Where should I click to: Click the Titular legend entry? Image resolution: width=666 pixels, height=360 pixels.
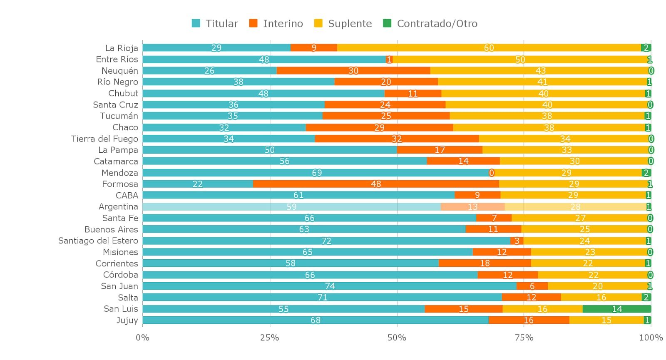click(x=215, y=24)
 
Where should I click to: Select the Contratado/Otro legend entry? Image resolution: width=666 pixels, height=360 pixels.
click(x=430, y=24)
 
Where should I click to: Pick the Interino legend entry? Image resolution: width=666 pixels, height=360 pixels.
click(x=276, y=24)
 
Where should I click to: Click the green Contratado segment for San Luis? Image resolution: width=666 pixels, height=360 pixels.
click(x=616, y=309)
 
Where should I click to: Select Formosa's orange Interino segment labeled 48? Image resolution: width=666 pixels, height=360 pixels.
click(x=375, y=184)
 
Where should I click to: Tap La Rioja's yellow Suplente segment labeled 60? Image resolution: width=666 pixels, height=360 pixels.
click(x=489, y=48)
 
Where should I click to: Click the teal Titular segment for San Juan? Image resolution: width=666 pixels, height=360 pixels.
click(x=329, y=286)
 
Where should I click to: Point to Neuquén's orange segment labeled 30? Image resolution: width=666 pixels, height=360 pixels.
click(x=353, y=71)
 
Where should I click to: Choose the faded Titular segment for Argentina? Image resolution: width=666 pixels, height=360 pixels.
click(x=291, y=207)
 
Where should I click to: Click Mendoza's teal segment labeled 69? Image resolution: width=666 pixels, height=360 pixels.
click(x=316, y=173)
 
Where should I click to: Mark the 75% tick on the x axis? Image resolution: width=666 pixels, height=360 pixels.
click(x=524, y=338)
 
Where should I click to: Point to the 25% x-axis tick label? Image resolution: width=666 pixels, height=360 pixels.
click(x=269, y=338)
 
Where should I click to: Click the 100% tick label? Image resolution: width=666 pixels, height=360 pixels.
click(x=651, y=338)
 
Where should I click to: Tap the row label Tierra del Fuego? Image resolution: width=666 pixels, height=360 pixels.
click(x=104, y=139)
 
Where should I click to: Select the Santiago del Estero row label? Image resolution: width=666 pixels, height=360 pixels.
click(x=98, y=241)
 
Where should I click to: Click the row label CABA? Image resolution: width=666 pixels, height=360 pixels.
click(x=127, y=195)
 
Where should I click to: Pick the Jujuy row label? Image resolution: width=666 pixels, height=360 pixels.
click(x=127, y=320)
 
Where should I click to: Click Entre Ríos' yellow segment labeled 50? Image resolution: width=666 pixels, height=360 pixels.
click(x=520, y=60)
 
